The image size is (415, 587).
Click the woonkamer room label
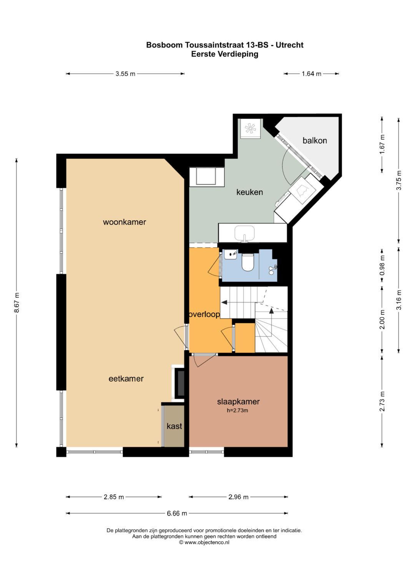coord(124,222)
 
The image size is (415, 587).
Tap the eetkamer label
coord(126,379)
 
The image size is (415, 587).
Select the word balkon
coord(315,140)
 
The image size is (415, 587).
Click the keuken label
coord(249,192)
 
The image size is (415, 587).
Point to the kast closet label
coord(174,426)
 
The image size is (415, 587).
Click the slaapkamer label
coord(238,402)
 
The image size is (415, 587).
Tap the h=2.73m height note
coord(237,411)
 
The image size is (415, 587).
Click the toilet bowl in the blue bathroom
coord(247,262)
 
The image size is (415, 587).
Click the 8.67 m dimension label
coord(17,303)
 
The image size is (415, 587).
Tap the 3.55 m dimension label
coord(126,74)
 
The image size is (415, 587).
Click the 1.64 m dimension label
coord(312,74)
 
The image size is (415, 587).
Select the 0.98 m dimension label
coord(382,265)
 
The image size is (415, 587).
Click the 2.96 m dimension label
coord(238,497)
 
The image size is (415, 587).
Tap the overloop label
coord(204,314)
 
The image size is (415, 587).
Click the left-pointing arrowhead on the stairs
coord(224,303)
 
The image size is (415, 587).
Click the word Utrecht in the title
coord(290,45)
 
